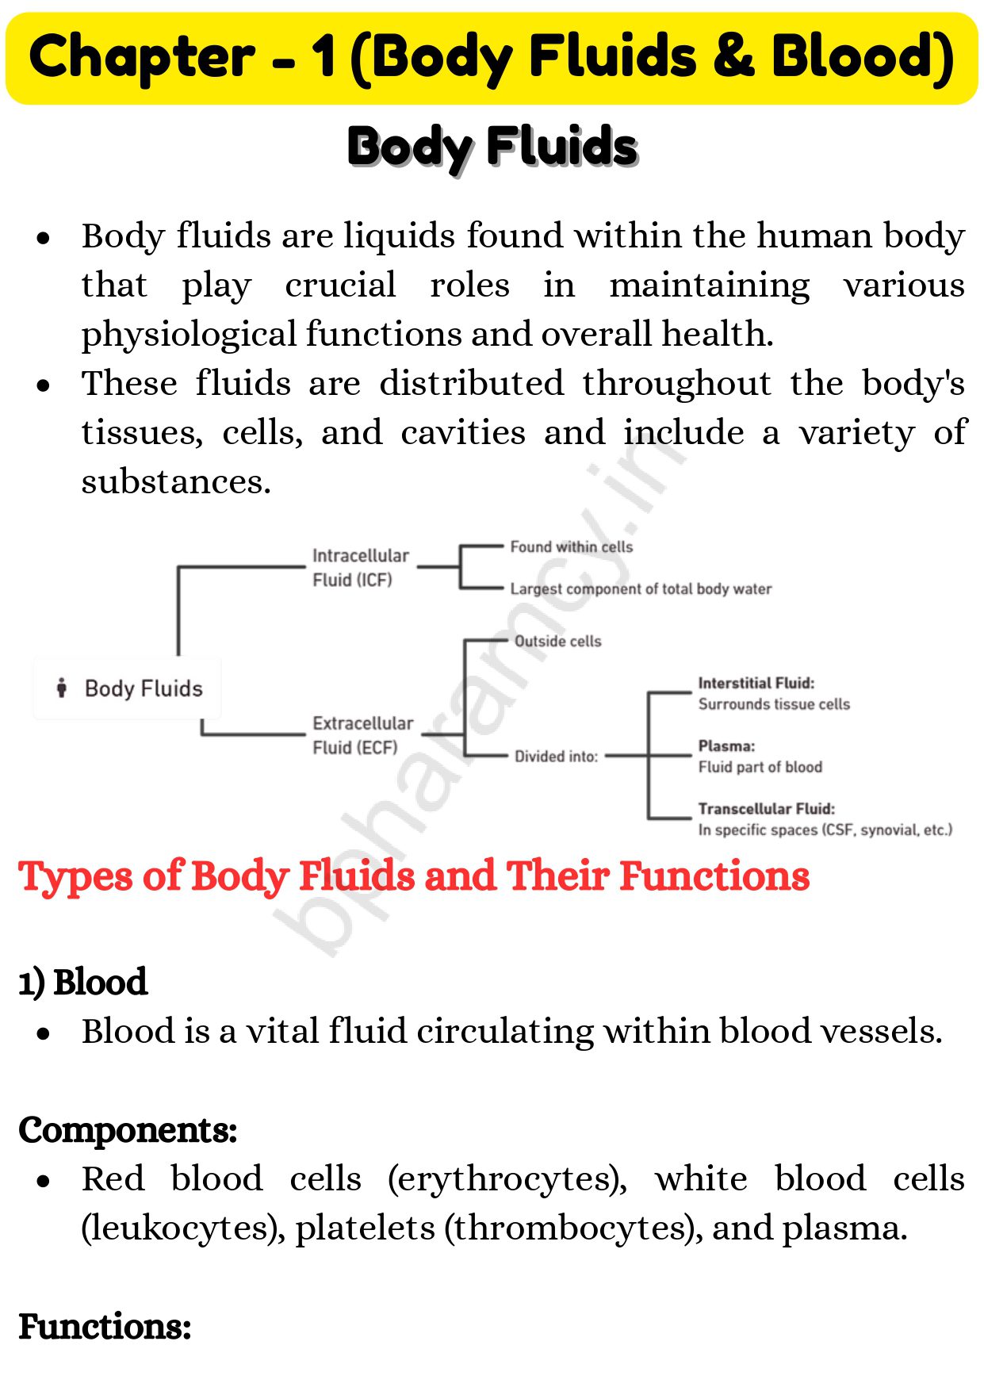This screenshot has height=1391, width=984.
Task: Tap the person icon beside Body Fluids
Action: click(62, 688)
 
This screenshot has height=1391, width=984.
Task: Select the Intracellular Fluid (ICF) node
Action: click(360, 568)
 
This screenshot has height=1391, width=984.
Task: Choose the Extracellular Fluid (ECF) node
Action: click(362, 735)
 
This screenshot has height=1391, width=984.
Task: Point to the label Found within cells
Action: click(571, 547)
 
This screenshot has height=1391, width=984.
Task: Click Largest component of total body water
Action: click(640, 589)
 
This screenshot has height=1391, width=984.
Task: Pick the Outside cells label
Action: click(557, 642)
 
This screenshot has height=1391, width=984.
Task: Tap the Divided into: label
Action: click(556, 757)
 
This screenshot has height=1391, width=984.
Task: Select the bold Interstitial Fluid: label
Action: click(756, 684)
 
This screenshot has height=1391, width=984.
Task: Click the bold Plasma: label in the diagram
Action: click(726, 746)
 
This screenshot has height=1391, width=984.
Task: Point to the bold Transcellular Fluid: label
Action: click(766, 809)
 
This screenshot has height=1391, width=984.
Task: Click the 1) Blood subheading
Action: click(83, 982)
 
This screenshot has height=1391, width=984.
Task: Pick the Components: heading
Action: click(128, 1130)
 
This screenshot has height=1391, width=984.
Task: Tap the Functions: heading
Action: click(105, 1327)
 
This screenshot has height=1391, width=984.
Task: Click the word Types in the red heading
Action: click(75, 878)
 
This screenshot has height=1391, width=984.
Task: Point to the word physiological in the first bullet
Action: click(189, 335)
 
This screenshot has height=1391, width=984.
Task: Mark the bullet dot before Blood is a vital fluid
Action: click(44, 1033)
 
